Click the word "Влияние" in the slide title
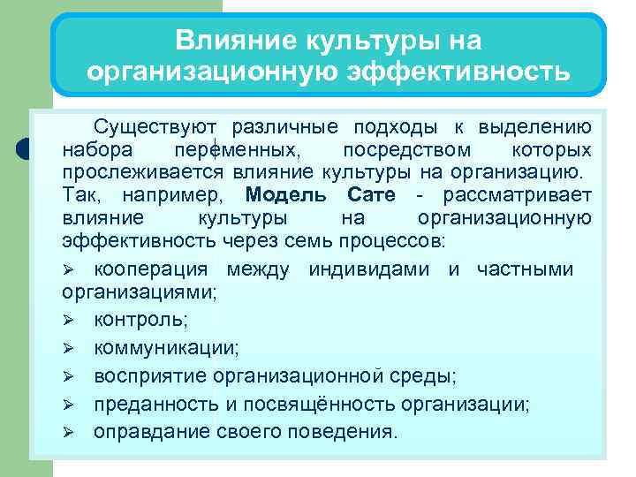221,40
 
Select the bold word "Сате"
370,193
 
